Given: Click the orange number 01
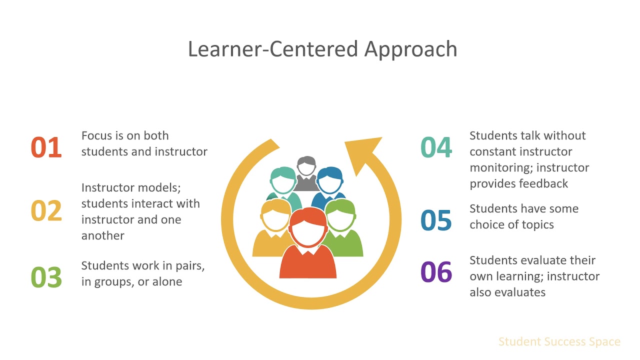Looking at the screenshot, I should point(46,148).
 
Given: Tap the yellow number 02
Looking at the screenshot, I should point(46,211).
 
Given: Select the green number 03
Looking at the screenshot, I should point(46,277).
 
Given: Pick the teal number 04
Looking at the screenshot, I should point(436,148).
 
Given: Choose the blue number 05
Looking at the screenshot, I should point(436,220).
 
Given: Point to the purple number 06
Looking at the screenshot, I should point(436,272).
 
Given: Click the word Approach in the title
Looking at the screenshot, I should point(410,49).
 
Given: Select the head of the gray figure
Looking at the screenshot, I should point(306,167).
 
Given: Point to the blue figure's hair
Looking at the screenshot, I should point(330,173).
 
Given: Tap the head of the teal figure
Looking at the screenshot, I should point(283,181).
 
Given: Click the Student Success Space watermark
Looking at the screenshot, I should point(559,342).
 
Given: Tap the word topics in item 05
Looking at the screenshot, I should point(537,224).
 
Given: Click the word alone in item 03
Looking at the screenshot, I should point(166,281).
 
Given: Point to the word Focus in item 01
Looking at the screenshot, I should point(96,135).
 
